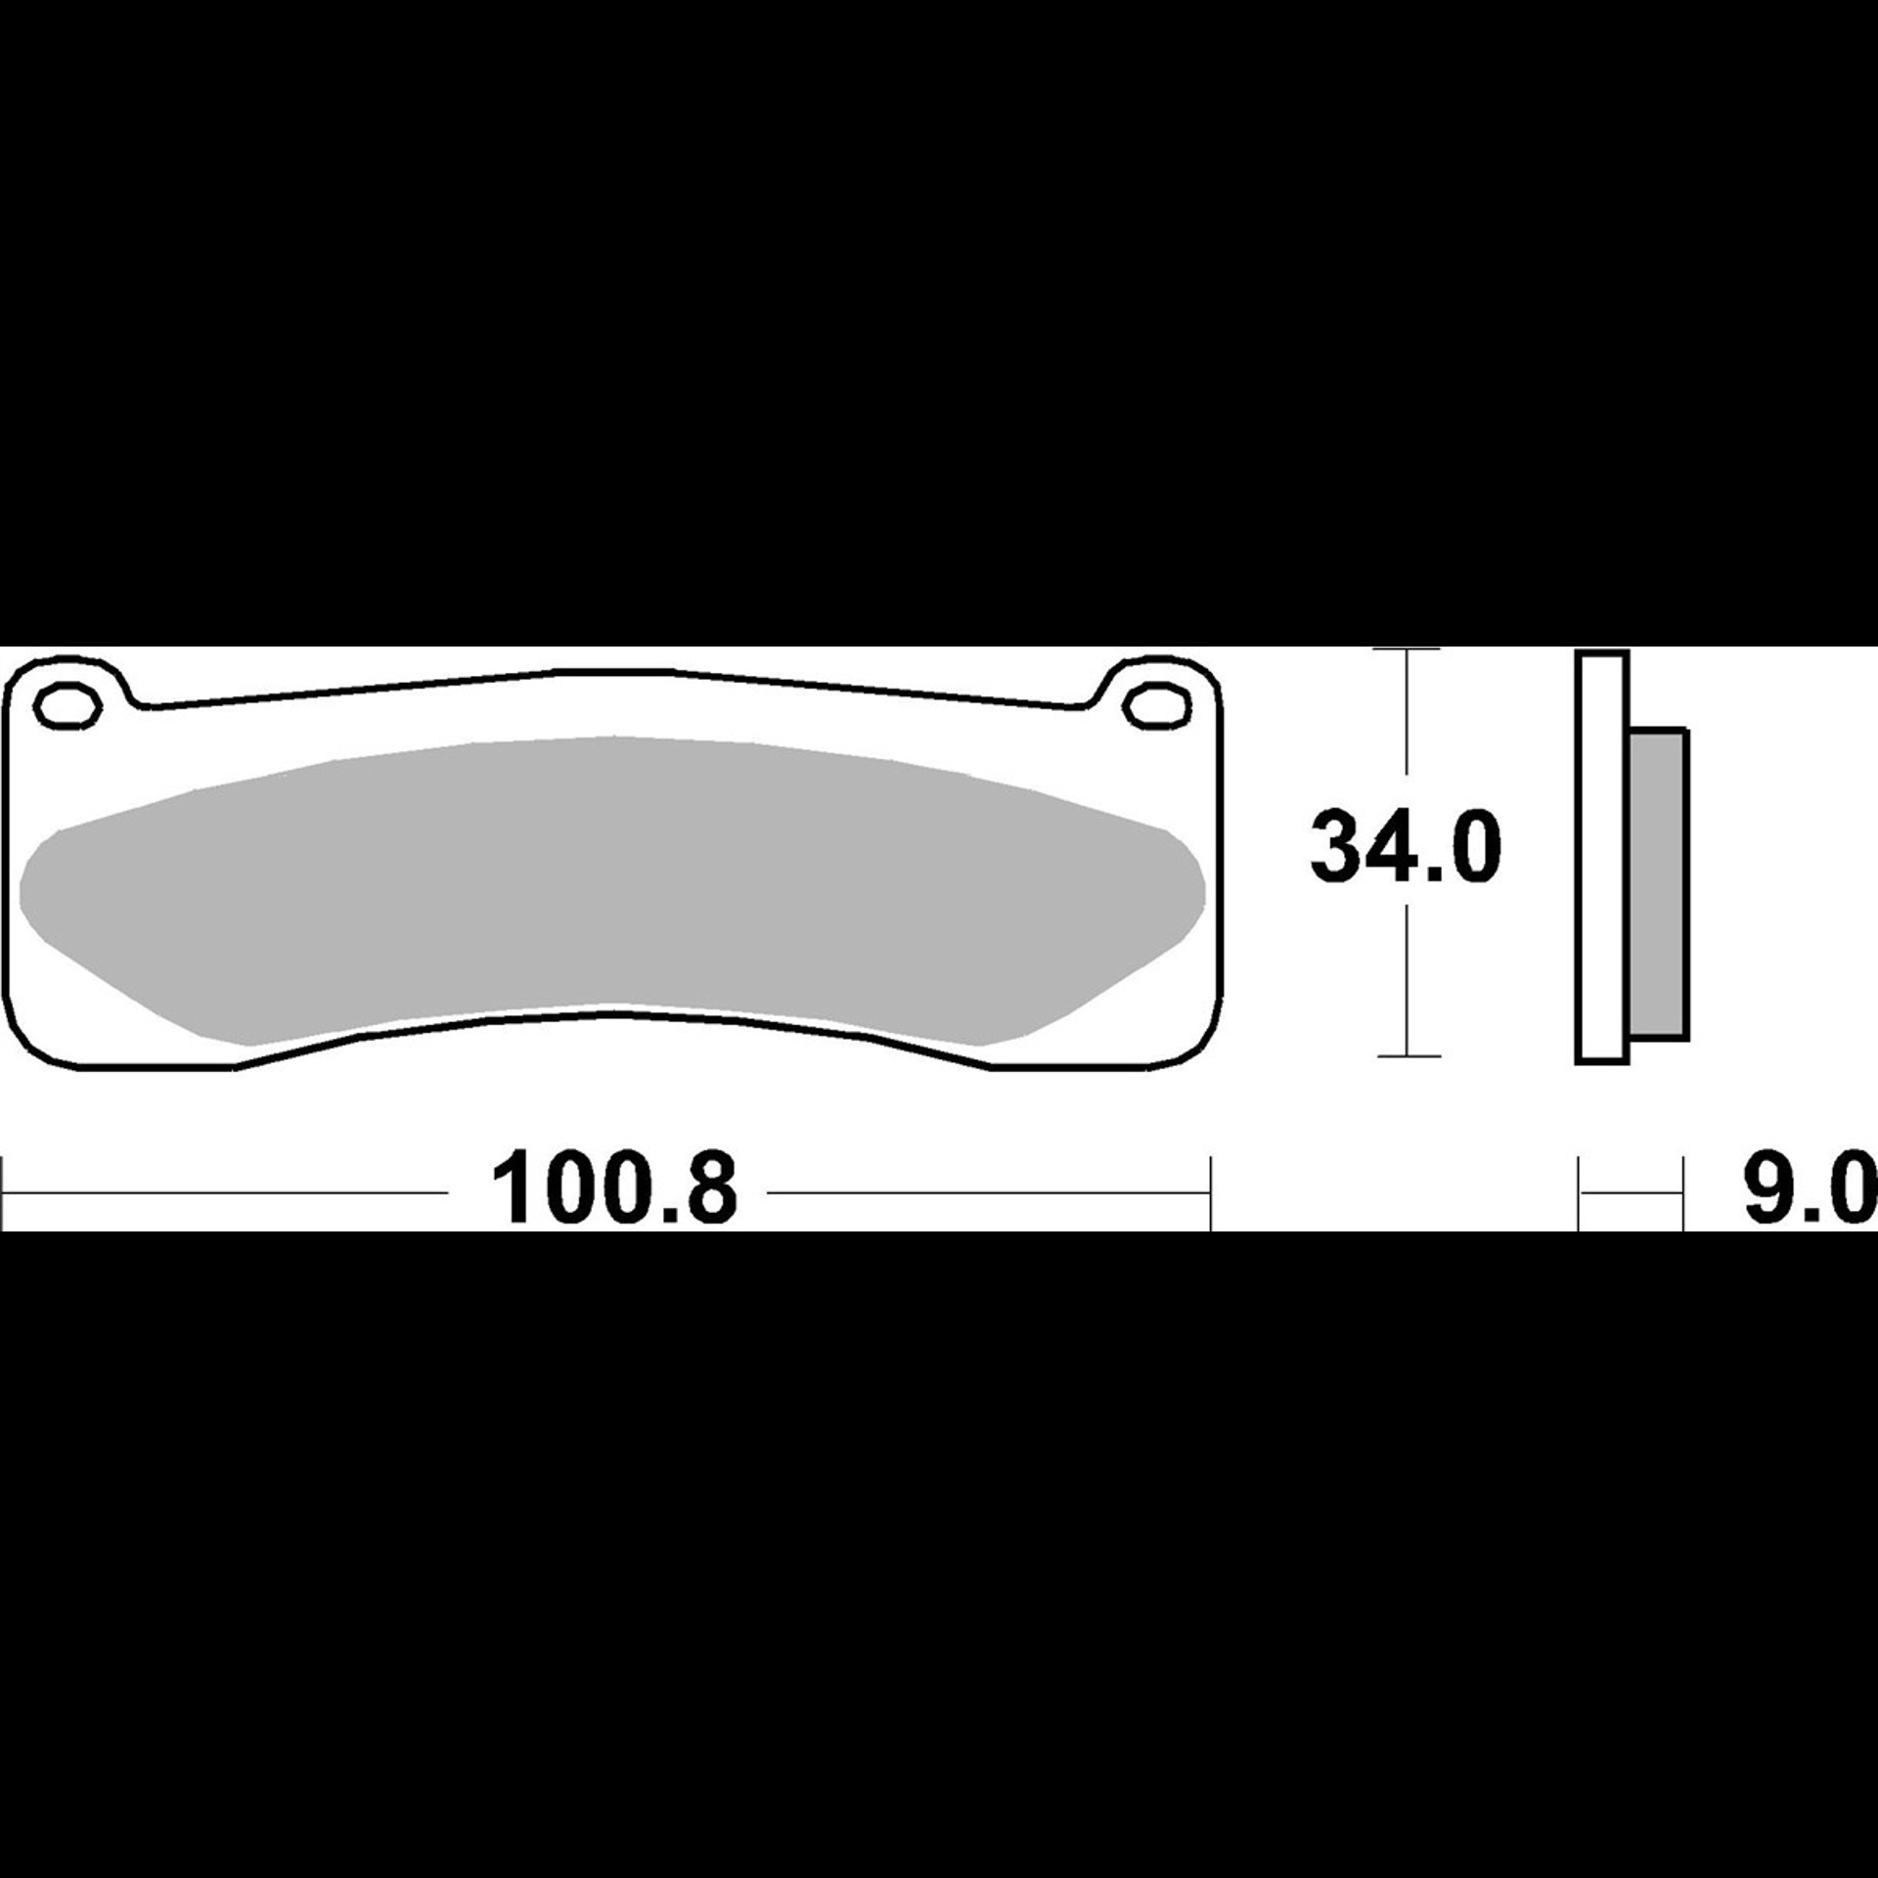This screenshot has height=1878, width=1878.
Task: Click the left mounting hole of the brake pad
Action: tap(68, 707)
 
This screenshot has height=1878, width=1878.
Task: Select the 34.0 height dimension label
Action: tap(1405, 847)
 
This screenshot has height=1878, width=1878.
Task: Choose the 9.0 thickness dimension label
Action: tap(1811, 1190)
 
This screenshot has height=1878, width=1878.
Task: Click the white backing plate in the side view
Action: tap(1602, 857)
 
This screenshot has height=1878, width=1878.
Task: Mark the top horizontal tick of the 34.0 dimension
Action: tap(1408, 649)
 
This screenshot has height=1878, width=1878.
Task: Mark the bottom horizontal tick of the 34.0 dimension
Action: tap(1408, 1055)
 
